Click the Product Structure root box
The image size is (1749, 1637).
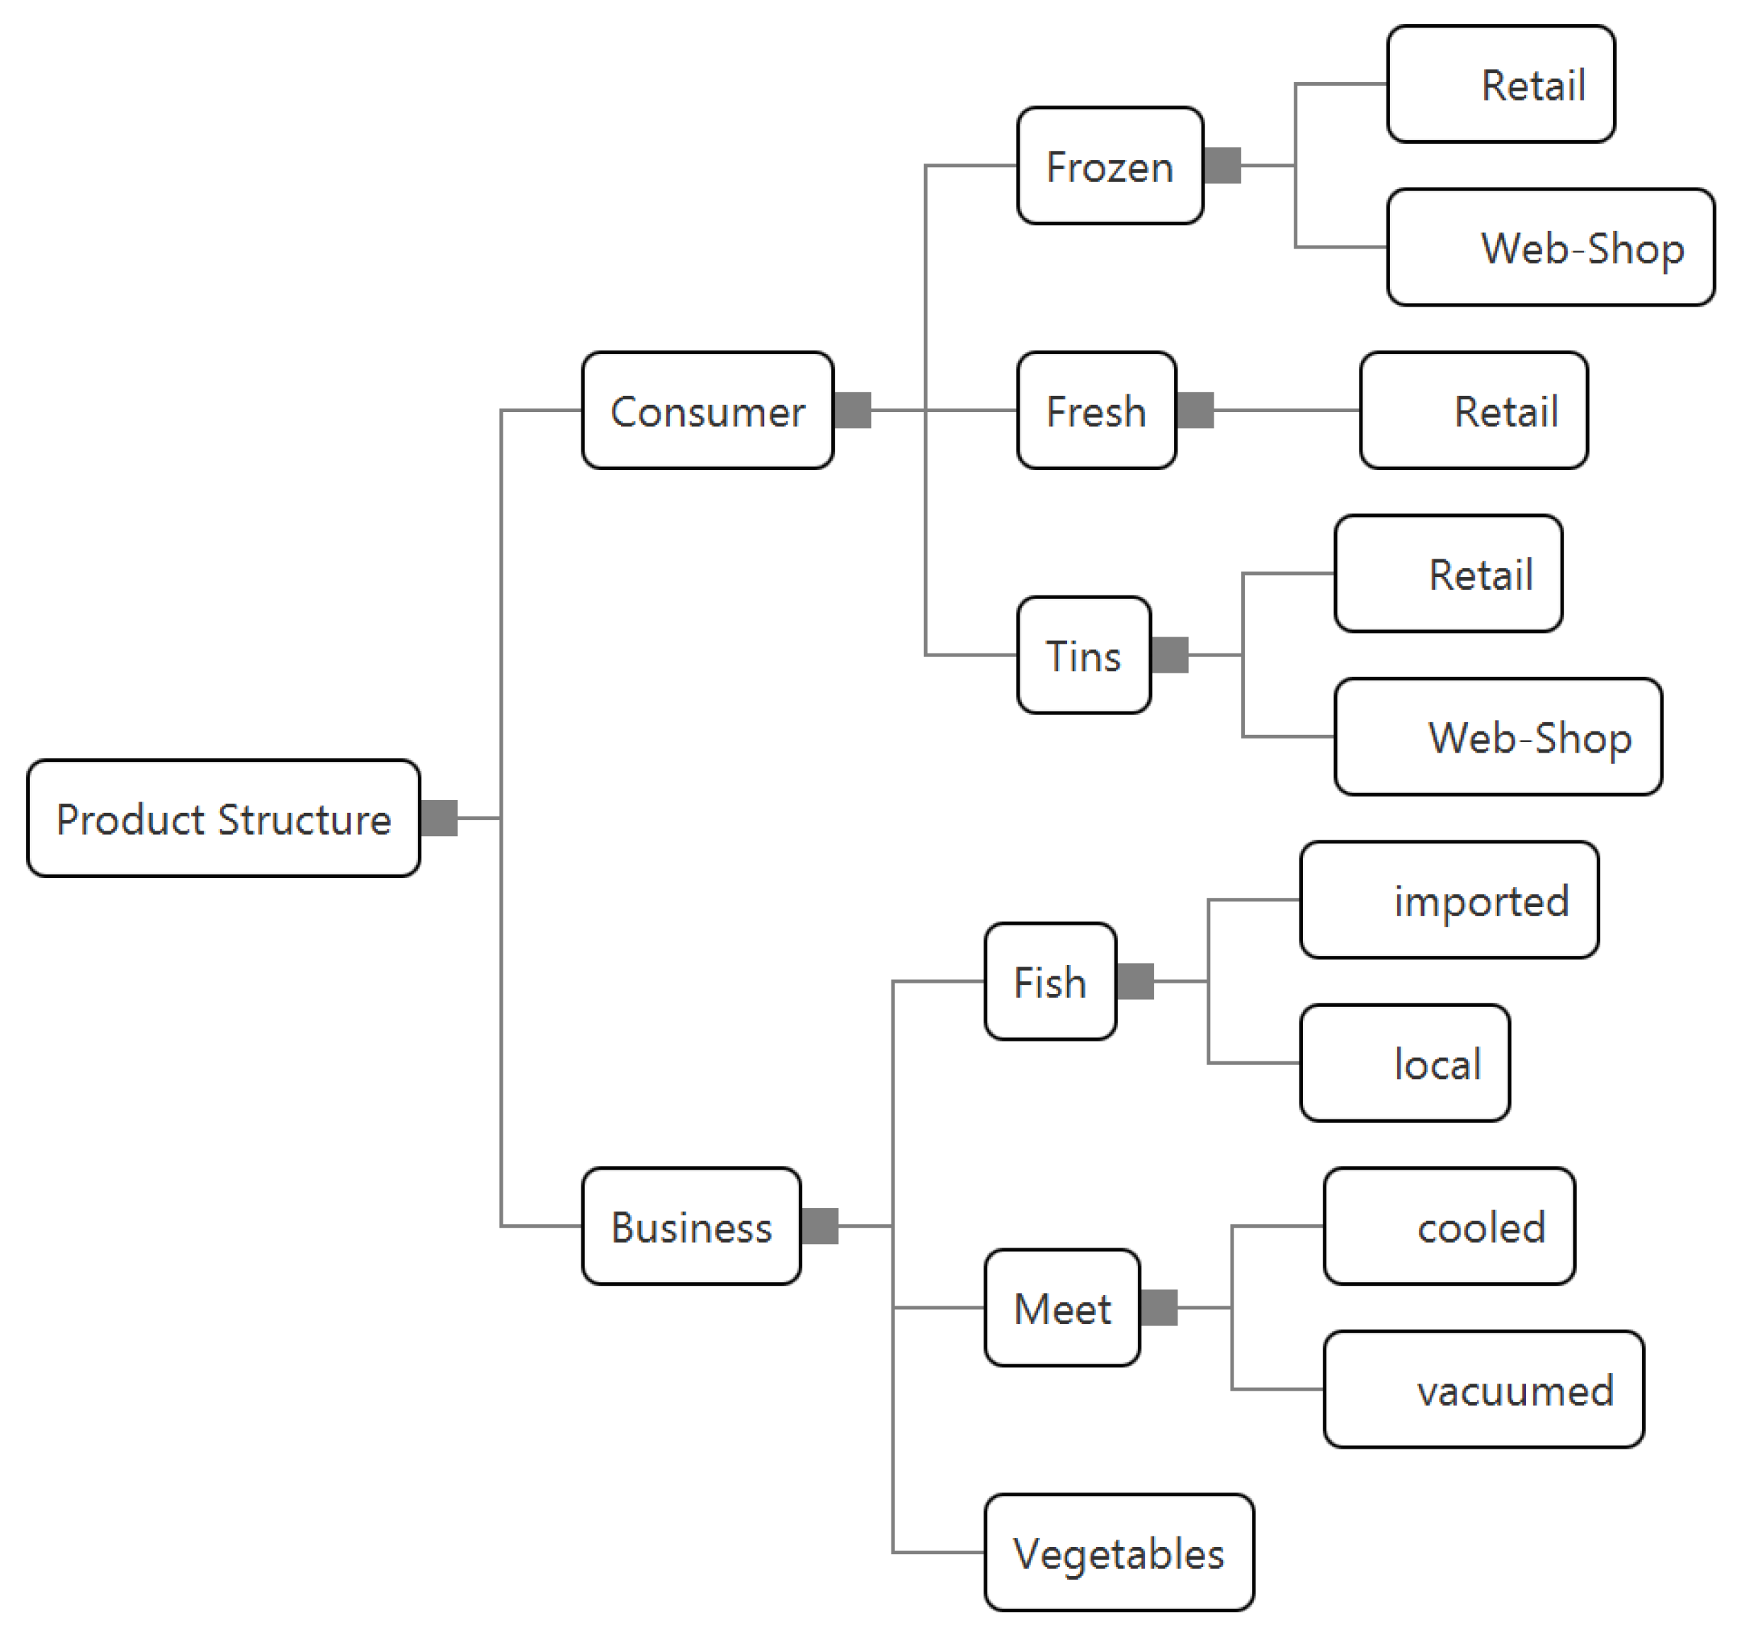point(224,818)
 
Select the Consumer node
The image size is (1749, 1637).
point(707,410)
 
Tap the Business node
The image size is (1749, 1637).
point(692,1226)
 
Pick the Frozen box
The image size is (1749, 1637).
point(1110,166)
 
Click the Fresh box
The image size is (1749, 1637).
point(1096,410)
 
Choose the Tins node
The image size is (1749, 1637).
point(1083,654)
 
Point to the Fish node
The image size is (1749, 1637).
point(1049,981)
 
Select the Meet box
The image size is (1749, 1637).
point(1062,1307)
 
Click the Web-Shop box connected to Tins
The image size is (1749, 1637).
point(1498,736)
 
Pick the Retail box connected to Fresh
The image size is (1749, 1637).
point(1473,410)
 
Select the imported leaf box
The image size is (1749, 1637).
point(1448,899)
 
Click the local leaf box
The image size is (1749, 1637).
point(1404,1063)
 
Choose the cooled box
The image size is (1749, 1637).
point(1448,1226)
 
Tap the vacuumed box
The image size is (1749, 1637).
point(1483,1389)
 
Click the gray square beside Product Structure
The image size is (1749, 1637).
point(439,818)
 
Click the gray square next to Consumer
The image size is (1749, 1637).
point(852,410)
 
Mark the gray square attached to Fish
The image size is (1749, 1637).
point(1135,981)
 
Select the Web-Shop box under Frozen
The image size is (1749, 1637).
point(1550,247)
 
